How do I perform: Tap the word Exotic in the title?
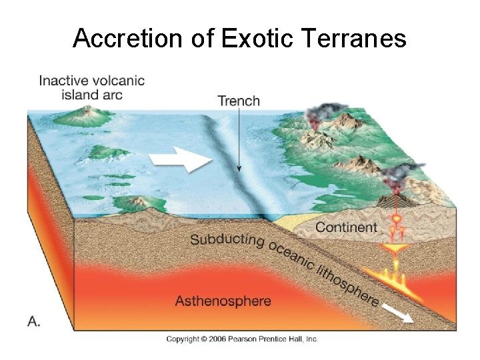(x=256, y=39)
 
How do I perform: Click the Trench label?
(x=239, y=101)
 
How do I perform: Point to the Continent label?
(x=346, y=227)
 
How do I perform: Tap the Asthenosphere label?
(x=223, y=301)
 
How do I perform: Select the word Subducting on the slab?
(x=227, y=239)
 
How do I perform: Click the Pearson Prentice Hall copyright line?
(x=242, y=339)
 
